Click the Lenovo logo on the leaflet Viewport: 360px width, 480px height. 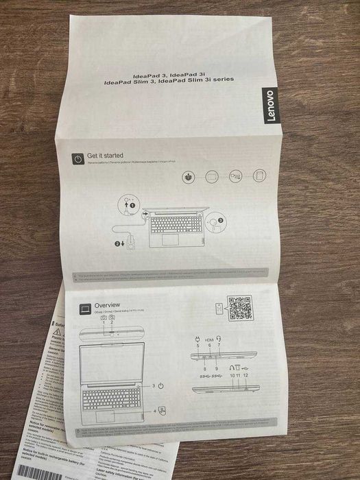269,106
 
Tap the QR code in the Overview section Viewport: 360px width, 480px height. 239,307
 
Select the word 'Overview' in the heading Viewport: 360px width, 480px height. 108,304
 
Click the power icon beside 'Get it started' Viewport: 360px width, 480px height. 78,158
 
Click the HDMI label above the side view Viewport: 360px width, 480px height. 209,340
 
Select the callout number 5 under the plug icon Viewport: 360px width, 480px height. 197,345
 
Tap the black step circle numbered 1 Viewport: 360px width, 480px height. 132,205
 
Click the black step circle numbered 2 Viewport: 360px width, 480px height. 117,243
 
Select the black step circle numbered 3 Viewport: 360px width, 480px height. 219,221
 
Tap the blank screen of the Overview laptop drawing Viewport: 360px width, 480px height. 111,363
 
